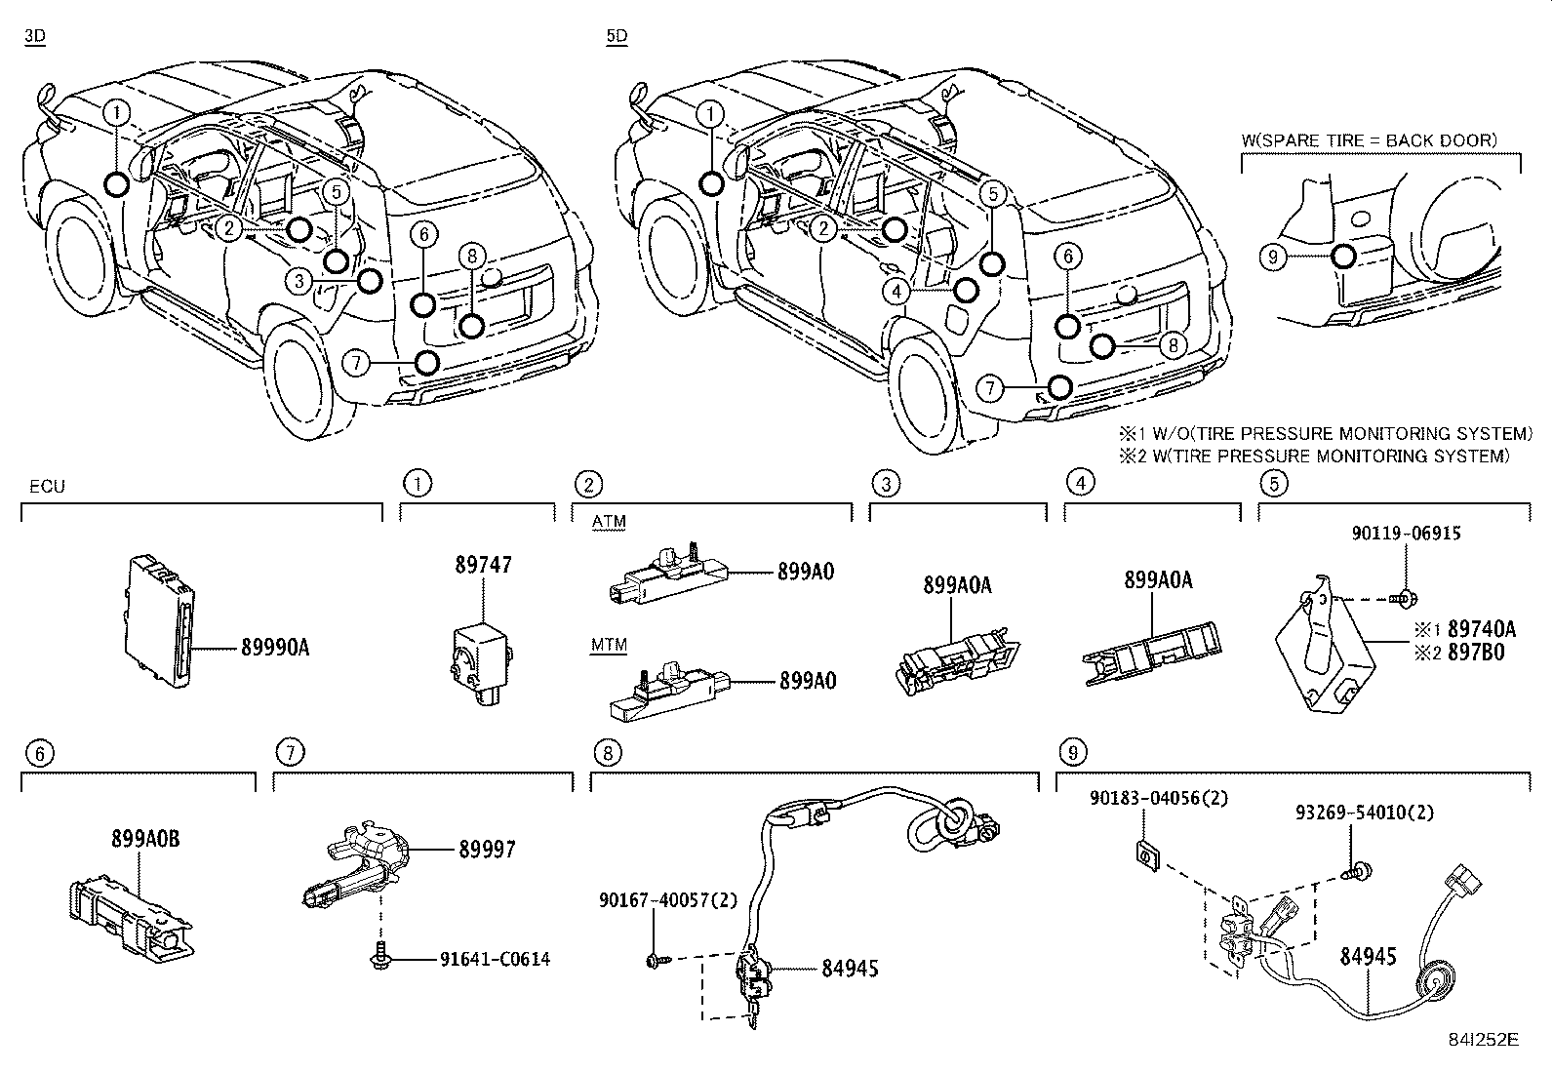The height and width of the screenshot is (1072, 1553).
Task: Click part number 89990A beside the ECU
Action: pyautogui.click(x=275, y=647)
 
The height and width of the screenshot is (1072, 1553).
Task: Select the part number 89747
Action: pyautogui.click(x=482, y=565)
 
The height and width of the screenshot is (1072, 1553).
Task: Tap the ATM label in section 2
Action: pyautogui.click(x=609, y=522)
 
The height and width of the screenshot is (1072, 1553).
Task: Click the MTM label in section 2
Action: pyautogui.click(x=609, y=645)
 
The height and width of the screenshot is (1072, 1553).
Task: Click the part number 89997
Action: pyautogui.click(x=487, y=851)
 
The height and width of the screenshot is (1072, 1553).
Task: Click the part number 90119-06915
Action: pyautogui.click(x=1406, y=534)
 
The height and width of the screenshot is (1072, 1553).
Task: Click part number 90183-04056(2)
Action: pyautogui.click(x=1159, y=798)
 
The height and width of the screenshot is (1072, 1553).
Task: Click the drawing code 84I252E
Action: pyautogui.click(x=1485, y=1040)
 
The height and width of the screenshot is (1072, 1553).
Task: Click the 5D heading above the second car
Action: pyautogui.click(x=617, y=37)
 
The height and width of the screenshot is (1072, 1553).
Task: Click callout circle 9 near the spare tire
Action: pyautogui.click(x=1272, y=257)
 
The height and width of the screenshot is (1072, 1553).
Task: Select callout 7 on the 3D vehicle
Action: pyautogui.click(x=357, y=364)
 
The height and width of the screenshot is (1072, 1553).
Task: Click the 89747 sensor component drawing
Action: pyautogui.click(x=480, y=653)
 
